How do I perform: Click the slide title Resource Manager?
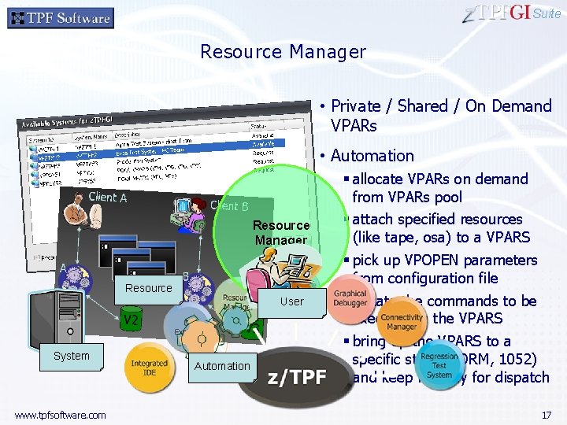[283, 52]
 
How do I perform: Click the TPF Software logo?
[61, 17]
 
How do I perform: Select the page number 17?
[547, 414]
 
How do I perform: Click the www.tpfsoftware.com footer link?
[60, 415]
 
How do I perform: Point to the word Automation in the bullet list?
[372, 156]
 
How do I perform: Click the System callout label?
[72, 356]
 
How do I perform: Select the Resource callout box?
[148, 288]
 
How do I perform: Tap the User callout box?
[291, 301]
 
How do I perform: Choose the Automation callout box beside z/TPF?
[221, 365]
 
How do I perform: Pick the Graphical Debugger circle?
[350, 297]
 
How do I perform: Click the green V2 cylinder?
[131, 320]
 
